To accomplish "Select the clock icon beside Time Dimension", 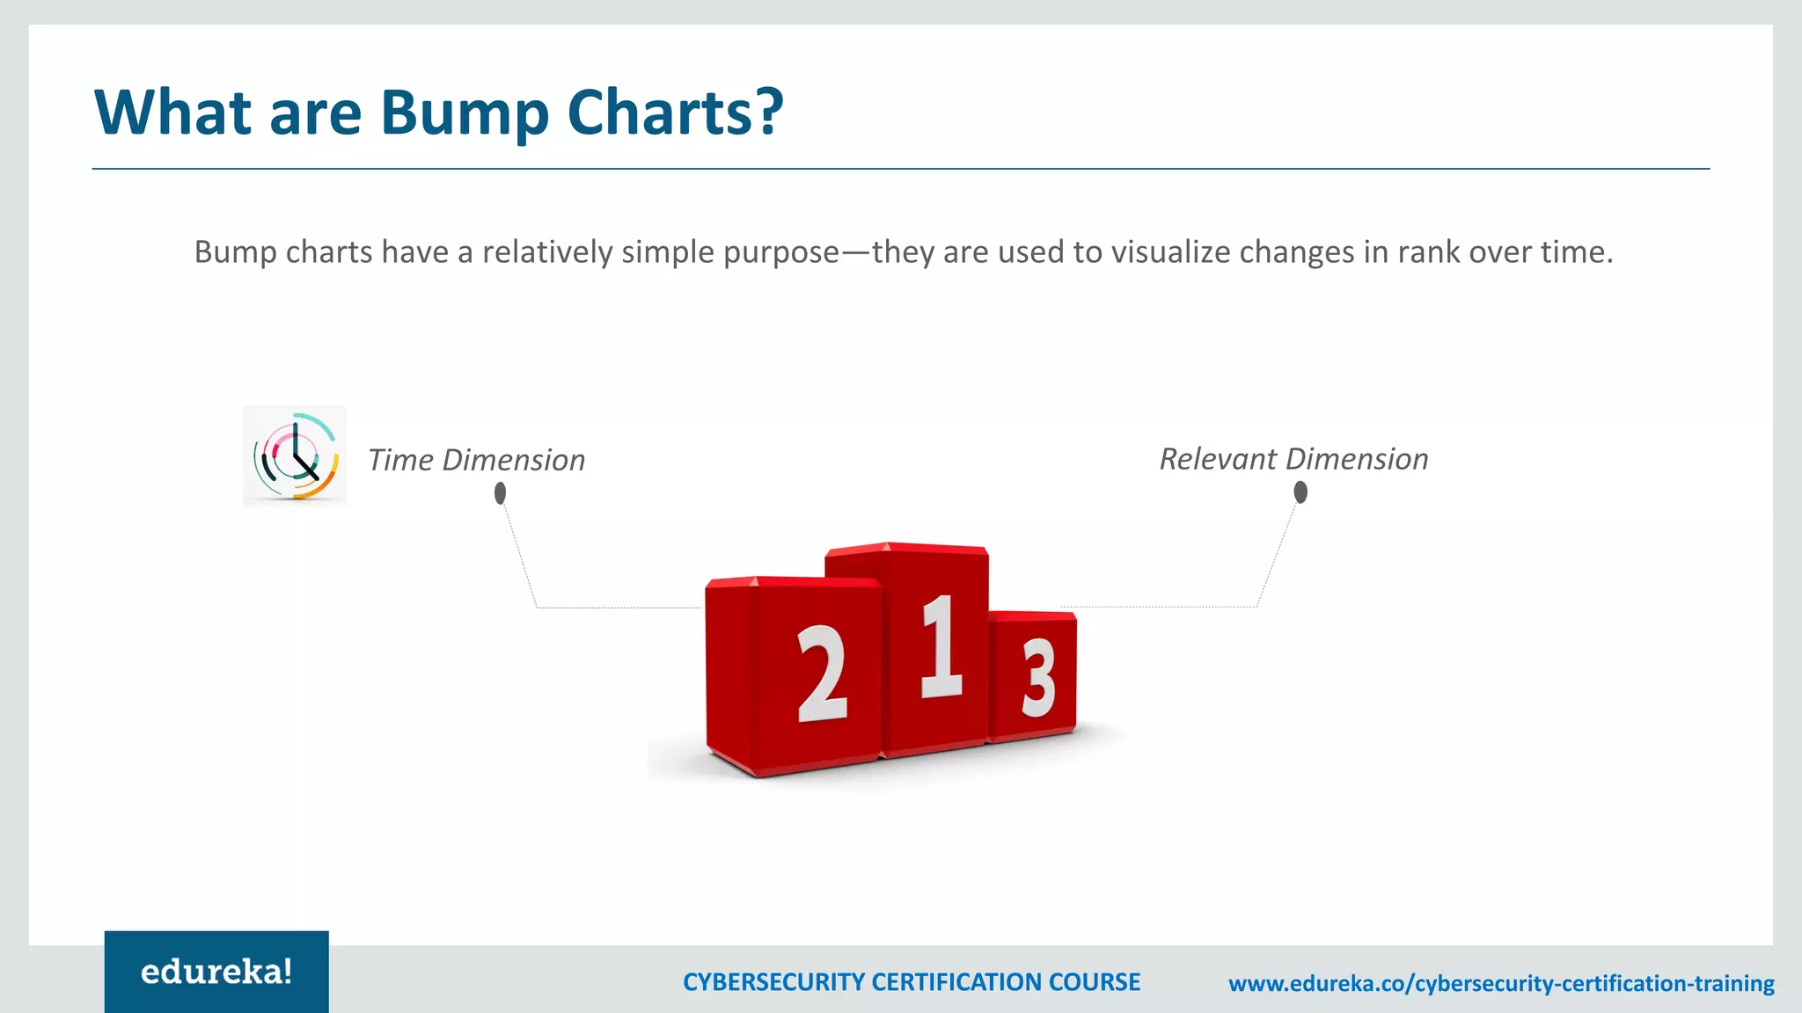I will (295, 456).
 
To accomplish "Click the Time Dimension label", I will (476, 460).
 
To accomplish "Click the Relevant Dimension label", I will (1293, 459).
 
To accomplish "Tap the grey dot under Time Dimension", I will (500, 494).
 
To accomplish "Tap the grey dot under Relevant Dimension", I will (1300, 492).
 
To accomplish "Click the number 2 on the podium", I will (822, 674).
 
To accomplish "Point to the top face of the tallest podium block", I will (906, 550).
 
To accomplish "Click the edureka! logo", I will (216, 972).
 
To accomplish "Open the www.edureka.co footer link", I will (1500, 983).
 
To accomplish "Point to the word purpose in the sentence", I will (780, 252).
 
